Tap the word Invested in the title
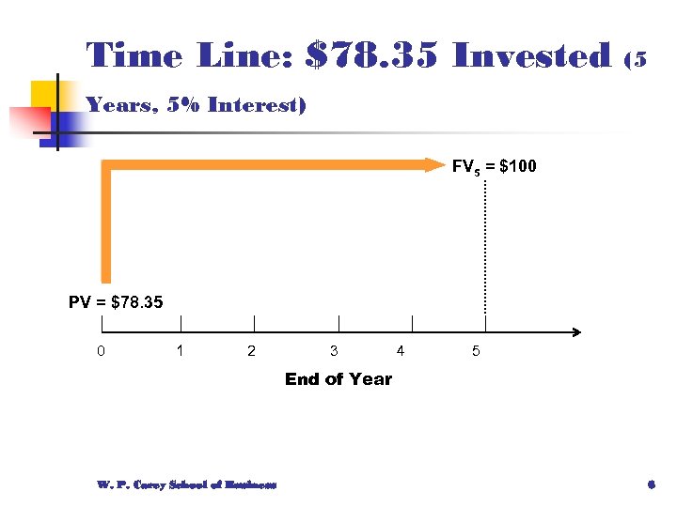532,56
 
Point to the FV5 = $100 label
494,167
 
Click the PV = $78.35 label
116,302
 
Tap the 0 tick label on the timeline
101,352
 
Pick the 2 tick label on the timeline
250,352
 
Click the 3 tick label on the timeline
334,352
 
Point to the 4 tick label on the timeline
401,352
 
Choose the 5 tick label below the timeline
476,352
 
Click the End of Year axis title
338,379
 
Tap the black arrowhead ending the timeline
575,331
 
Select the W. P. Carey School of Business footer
186,484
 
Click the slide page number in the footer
651,484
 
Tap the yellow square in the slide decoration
46,97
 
